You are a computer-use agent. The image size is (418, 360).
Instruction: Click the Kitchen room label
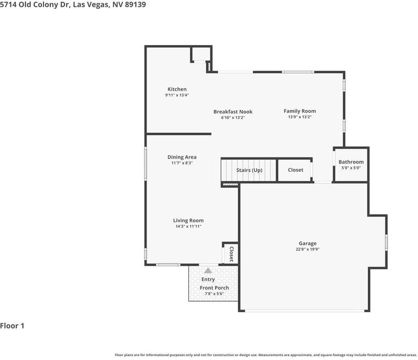pyautogui.click(x=177, y=89)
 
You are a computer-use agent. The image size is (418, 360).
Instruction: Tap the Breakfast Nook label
pyautogui.click(x=233, y=112)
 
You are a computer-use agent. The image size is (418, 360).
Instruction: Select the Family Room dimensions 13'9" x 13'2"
pyautogui.click(x=300, y=117)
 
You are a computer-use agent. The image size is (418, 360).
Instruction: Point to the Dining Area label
pyautogui.click(x=182, y=157)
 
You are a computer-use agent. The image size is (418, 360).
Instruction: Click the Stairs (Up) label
pyautogui.click(x=249, y=170)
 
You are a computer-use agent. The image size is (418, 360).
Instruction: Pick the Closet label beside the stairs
pyautogui.click(x=296, y=170)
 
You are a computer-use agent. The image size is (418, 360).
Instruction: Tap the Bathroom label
pyautogui.click(x=351, y=162)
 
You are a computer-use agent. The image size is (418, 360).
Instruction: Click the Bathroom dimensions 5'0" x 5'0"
pyautogui.click(x=351, y=168)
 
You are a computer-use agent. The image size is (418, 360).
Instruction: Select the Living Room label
pyautogui.click(x=188, y=221)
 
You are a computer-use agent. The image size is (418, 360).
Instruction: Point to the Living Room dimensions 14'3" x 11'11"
pyautogui.click(x=188, y=226)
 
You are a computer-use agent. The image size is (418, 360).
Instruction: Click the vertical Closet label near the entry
pyautogui.click(x=231, y=254)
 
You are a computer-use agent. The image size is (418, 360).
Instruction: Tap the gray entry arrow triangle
pyautogui.click(x=208, y=270)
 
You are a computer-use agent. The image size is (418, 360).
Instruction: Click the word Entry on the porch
pyautogui.click(x=208, y=279)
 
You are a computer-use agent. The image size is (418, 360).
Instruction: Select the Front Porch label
pyautogui.click(x=214, y=288)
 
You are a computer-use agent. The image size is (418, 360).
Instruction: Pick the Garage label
pyautogui.click(x=308, y=243)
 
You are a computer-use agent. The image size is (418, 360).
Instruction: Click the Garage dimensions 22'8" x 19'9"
pyautogui.click(x=308, y=249)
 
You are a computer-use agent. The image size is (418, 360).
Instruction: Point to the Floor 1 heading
pyautogui.click(x=12, y=326)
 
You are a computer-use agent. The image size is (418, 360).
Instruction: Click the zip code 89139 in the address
pyautogui.click(x=135, y=4)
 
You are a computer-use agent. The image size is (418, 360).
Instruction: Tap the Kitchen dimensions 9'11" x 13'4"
pyautogui.click(x=177, y=95)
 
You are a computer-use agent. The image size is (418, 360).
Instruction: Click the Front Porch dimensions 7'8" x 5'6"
pyautogui.click(x=214, y=293)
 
